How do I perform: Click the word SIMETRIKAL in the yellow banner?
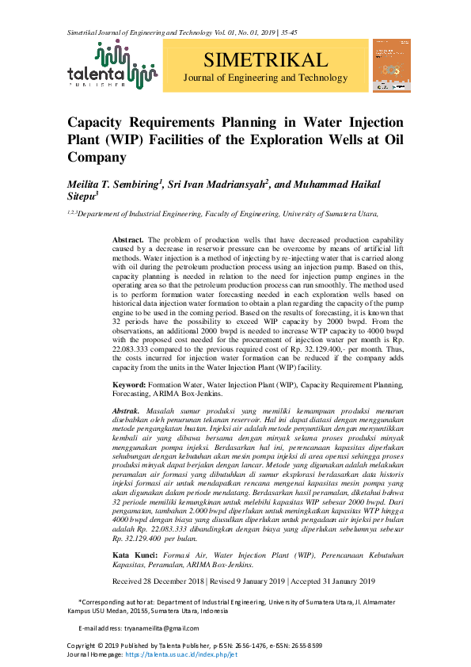tap(264, 61)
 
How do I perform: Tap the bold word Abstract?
tap(128, 239)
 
